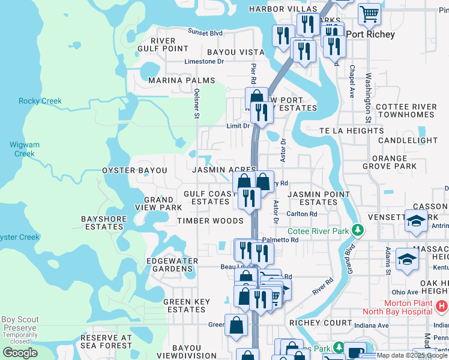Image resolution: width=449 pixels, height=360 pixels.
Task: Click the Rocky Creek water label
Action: [x=40, y=101]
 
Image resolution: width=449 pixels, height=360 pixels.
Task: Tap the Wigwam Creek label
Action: [x=25, y=149]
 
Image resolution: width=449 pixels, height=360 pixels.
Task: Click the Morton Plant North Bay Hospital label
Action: [x=397, y=307]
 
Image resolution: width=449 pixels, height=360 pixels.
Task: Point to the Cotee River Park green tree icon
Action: [x=358, y=230]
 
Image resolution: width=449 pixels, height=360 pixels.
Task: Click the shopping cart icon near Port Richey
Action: [x=369, y=13]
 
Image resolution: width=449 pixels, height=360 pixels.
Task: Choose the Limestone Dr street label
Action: [x=203, y=61]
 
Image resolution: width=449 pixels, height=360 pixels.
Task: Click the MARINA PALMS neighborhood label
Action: [x=181, y=80]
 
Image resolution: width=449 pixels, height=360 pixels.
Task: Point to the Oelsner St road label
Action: [x=196, y=102]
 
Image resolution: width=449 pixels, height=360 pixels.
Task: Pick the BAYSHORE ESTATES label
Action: [x=102, y=223]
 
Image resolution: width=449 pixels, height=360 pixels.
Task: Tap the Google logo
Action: [x=20, y=352]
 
